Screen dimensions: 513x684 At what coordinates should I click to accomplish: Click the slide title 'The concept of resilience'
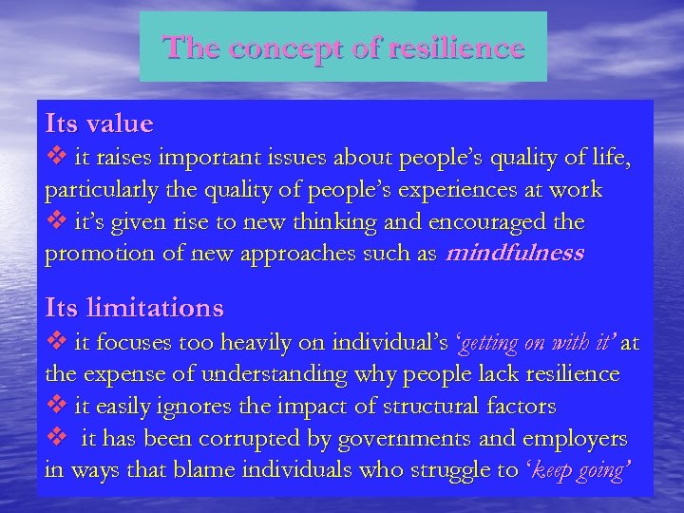tap(343, 47)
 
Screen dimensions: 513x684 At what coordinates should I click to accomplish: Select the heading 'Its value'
tap(99, 123)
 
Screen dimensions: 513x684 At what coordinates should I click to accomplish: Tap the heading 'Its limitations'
tap(135, 308)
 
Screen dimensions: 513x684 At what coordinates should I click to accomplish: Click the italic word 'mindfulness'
tap(515, 255)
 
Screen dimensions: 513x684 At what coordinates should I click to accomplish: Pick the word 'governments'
tap(393, 439)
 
